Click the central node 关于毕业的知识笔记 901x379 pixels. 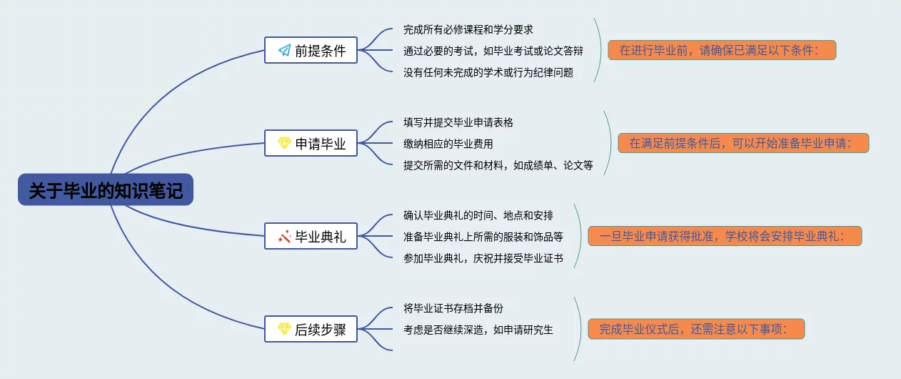click(106, 189)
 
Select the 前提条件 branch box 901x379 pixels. click(311, 50)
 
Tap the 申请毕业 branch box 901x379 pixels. click(311, 143)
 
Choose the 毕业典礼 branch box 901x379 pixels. click(311, 236)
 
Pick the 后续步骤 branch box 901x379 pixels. click(311, 329)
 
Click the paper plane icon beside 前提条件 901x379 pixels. click(284, 50)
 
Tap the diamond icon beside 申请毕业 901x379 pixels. click(284, 143)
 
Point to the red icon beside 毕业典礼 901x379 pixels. click(284, 237)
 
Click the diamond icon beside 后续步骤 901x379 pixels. click(284, 329)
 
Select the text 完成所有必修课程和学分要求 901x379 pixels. click(468, 29)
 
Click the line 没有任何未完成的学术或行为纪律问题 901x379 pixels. click(488, 72)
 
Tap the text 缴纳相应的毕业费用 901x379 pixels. click(448, 144)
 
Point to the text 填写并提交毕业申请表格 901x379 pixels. click(458, 122)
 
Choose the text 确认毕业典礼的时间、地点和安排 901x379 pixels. click(478, 215)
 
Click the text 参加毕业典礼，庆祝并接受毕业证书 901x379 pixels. click(483, 258)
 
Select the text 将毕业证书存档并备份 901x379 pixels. click(453, 308)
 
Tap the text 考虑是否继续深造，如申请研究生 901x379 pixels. click(478, 330)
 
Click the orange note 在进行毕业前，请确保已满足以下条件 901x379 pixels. click(722, 50)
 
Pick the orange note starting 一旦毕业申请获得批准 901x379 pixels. click(725, 235)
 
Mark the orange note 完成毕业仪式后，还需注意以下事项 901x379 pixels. click(696, 329)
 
